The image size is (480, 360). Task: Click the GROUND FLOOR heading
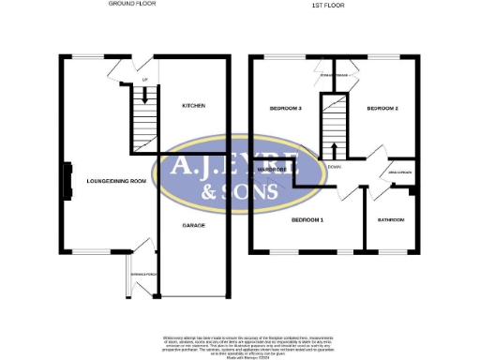pyautogui.click(x=132, y=5)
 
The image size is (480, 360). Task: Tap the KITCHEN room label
pyautogui.click(x=193, y=107)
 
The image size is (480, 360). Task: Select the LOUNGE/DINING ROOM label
pyautogui.click(x=116, y=180)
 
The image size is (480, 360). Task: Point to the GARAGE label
pyautogui.click(x=193, y=226)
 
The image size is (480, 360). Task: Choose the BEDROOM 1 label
pyautogui.click(x=307, y=219)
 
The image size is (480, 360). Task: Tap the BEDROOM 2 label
pyautogui.click(x=382, y=110)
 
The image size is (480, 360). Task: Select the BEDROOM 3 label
pyautogui.click(x=285, y=110)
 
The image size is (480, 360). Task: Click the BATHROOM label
pyautogui.click(x=391, y=220)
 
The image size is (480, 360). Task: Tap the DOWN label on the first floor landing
pyautogui.click(x=335, y=166)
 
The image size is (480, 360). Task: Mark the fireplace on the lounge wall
pyautogui.click(x=67, y=179)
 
